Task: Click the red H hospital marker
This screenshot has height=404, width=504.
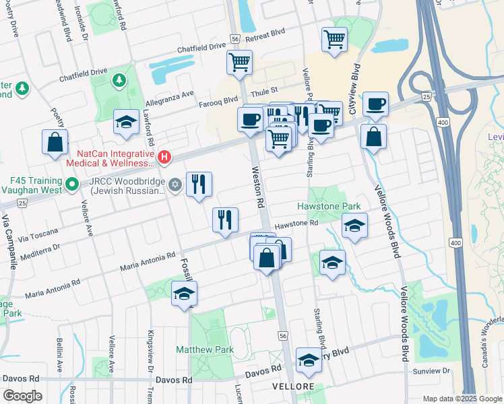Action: tap(164, 158)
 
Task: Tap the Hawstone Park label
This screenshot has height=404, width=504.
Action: tap(329, 206)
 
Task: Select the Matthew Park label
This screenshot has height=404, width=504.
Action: tap(205, 349)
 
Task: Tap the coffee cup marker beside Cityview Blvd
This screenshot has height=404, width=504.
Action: tap(375, 104)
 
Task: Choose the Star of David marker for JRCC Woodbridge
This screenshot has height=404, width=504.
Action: tap(175, 184)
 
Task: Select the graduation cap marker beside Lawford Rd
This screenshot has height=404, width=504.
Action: tap(126, 122)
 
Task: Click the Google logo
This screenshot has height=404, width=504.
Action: tap(22, 395)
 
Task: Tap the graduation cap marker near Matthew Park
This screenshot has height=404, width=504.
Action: tap(184, 294)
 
